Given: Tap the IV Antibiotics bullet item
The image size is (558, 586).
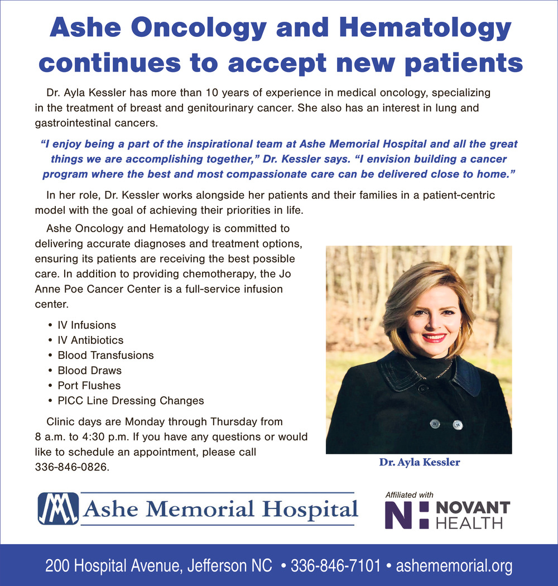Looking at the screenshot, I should pos(90,340).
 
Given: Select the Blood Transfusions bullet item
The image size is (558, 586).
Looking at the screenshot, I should pos(105,355).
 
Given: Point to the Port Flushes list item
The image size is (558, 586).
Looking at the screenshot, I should pos(89,385).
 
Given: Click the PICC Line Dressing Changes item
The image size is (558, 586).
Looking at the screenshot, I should pos(131,401).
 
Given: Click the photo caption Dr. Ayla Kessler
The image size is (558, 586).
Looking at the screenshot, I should pos(420,462).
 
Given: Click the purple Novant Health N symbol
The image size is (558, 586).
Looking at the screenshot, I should pos(407,515).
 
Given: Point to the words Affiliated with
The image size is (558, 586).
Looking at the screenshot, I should pos(409,494).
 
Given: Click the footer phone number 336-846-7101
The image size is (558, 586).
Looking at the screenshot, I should pos(336,566).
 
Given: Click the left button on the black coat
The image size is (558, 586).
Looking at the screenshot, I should pos(434,424).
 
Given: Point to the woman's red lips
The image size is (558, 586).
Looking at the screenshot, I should pos(434,337).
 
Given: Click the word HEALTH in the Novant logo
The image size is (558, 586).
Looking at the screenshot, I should pos(469,523).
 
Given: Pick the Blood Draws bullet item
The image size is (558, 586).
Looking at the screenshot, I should pos(89,370).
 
